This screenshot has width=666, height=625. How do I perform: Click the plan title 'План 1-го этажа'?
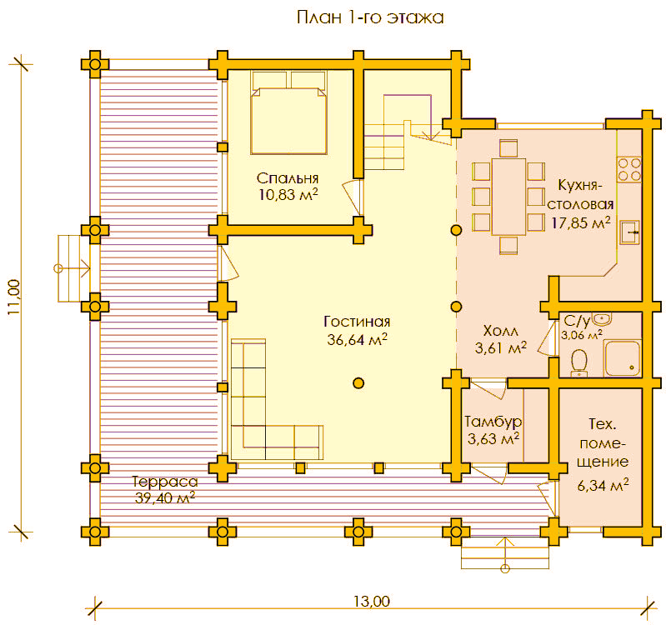coord(370,17)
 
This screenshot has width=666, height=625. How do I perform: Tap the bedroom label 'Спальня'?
coord(288,178)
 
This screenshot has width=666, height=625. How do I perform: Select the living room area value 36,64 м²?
coord(358,339)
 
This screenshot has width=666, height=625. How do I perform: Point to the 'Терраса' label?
coord(165,482)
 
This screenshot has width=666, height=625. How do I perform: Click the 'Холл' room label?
coord(500,330)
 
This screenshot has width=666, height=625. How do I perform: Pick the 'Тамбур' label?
coord(493,422)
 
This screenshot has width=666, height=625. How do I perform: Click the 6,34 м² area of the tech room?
coord(603,484)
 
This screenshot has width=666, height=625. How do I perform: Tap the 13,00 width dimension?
coord(372,601)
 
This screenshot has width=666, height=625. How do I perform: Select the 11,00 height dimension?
coord(13,297)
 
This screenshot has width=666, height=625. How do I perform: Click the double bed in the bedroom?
coord(288,112)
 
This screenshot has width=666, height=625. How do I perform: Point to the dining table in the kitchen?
coord(508,197)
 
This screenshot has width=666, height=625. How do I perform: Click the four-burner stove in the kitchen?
coord(629,169)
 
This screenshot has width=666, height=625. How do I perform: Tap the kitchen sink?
coord(629,232)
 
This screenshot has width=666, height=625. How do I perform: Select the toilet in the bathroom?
coord(578,363)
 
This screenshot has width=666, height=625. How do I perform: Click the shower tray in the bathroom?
coord(623,358)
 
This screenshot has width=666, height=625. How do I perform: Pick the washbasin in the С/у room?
coord(601,318)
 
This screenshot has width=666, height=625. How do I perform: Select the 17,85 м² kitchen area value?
coord(581,222)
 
